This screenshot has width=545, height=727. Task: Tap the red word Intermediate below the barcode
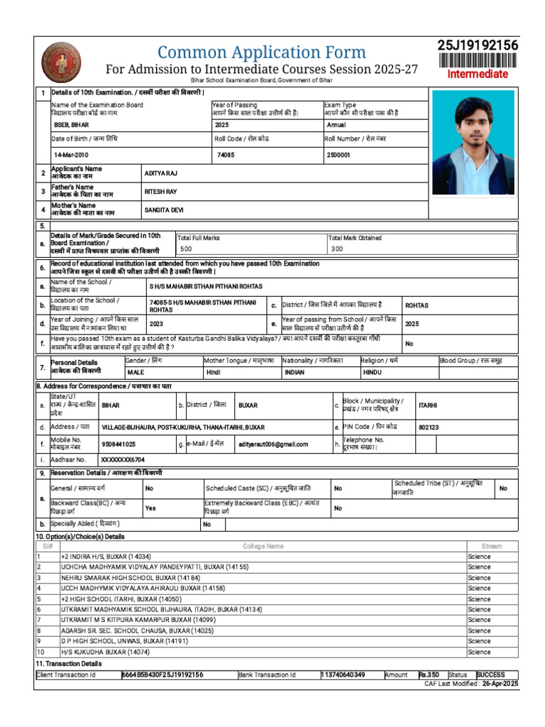coord(478,74)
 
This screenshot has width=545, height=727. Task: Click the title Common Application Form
coord(261,52)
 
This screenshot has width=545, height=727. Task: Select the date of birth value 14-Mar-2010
coord(72,154)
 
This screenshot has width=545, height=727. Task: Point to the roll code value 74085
coord(226,154)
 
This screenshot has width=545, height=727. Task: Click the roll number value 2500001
coord(338,154)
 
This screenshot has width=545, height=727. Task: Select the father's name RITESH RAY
coord(160,192)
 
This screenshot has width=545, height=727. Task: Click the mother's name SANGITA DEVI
coord(163,210)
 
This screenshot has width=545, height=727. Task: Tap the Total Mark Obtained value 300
coord(336,249)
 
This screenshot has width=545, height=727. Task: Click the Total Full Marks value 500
coord(186,249)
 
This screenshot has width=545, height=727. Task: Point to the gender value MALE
coord(136,372)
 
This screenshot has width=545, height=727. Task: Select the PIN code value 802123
coord(429,427)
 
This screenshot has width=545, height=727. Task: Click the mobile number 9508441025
coord(119,444)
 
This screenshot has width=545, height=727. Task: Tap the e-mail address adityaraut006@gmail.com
coord(273,444)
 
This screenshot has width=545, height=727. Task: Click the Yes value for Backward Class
coord(150,508)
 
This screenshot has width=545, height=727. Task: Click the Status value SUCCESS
coord(491,674)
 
